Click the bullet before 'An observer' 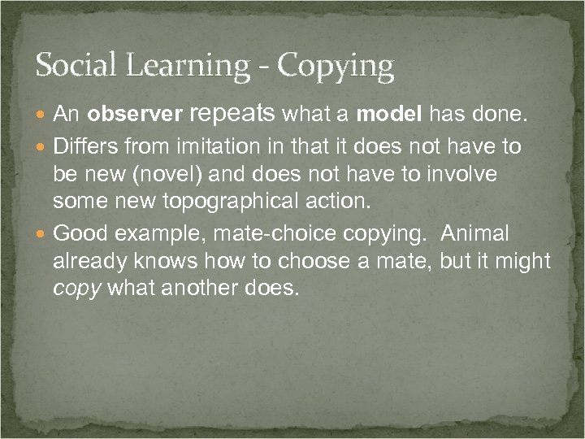coord(42,118)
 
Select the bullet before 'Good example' coord(42,235)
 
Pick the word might coord(527,263)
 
